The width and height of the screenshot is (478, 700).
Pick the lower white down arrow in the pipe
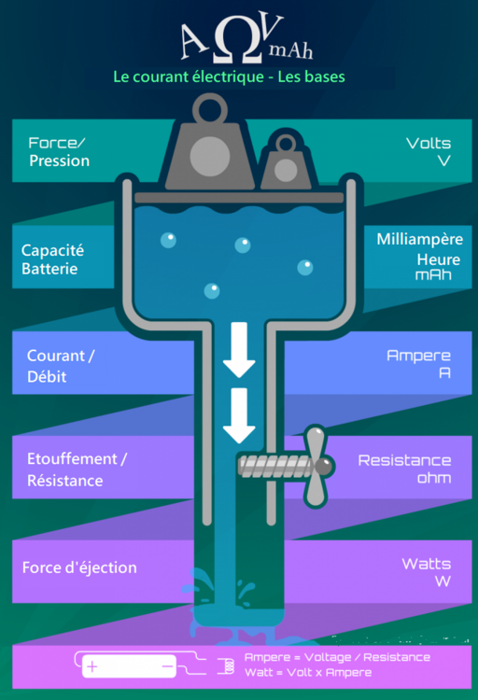[x=239, y=415]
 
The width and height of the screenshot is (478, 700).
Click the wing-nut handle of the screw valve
[x=318, y=467]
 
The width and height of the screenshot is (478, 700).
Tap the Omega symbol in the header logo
[x=237, y=39]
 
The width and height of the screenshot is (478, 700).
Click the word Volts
[x=429, y=144]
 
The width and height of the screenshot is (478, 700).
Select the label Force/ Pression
[x=59, y=152]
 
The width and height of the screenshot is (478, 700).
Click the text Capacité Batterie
[x=52, y=259]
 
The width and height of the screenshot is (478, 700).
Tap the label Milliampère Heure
[x=420, y=249]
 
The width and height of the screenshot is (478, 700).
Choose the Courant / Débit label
[x=61, y=366]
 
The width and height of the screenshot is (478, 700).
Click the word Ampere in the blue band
[x=418, y=356]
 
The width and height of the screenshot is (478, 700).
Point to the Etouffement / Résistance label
[x=77, y=469]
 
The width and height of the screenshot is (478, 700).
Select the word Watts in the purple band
[x=426, y=564]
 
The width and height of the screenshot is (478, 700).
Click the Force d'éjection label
[x=79, y=567]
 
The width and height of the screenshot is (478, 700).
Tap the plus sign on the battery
[x=92, y=667]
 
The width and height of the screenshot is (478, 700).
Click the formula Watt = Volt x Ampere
[x=308, y=672]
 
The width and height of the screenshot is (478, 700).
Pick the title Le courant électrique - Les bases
[x=229, y=77]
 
